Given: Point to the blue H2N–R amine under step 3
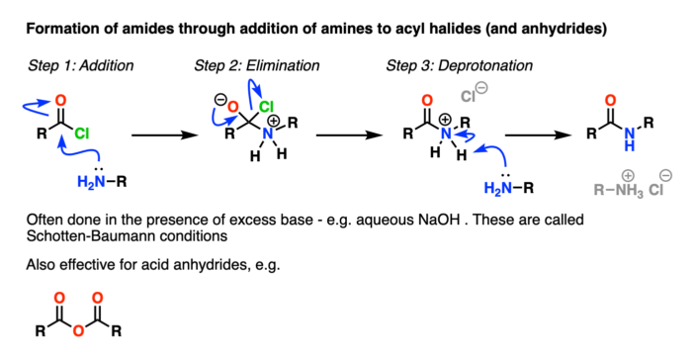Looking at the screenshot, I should [x=511, y=188].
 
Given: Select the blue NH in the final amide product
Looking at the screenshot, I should [x=635, y=143].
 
